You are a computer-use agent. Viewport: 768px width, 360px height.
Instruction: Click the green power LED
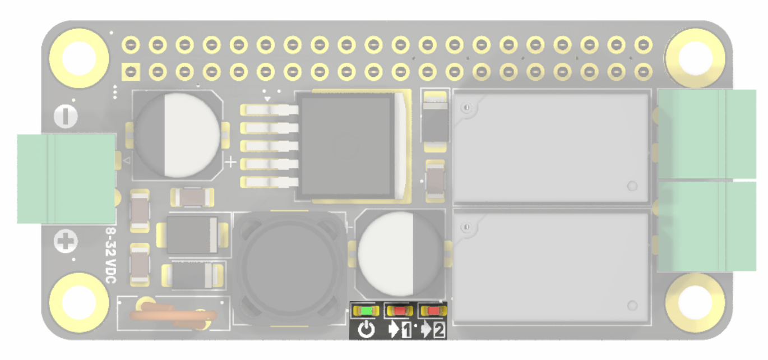pyautogui.click(x=366, y=310)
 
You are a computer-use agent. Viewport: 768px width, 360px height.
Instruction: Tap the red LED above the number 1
pyautogui.click(x=400, y=310)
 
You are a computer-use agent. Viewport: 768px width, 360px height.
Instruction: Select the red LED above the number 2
pyautogui.click(x=433, y=310)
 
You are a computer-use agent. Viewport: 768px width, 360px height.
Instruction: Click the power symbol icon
pyautogui.click(x=366, y=330)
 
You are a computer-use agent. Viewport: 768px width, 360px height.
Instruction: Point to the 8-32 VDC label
pyautogui.click(x=111, y=255)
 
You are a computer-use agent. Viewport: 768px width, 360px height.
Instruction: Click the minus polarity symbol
pyautogui.click(x=66, y=117)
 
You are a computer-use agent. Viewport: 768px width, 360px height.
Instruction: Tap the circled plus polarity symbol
pyautogui.click(x=66, y=243)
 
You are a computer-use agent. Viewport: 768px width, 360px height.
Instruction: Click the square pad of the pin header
pyautogui.click(x=131, y=71)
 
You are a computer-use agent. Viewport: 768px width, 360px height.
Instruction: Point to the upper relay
pyautogui.click(x=551, y=147)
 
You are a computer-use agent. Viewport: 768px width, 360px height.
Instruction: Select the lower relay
pyautogui.click(x=551, y=266)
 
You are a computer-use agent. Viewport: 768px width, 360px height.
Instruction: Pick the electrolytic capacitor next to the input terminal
pyautogui.click(x=177, y=136)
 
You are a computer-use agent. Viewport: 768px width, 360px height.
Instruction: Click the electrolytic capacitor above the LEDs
pyautogui.click(x=401, y=253)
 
